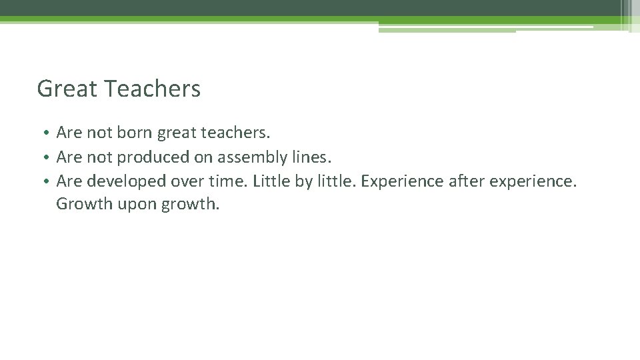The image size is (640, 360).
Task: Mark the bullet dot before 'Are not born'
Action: (x=47, y=133)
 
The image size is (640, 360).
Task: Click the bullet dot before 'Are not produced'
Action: (x=47, y=158)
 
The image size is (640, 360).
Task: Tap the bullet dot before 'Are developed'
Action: (x=47, y=181)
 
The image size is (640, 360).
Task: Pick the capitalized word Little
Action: (x=271, y=181)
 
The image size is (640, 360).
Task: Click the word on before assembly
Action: (x=203, y=158)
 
